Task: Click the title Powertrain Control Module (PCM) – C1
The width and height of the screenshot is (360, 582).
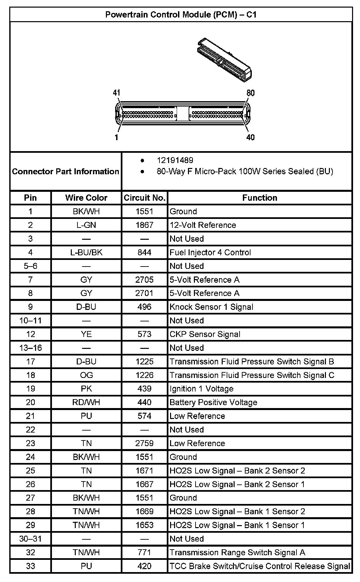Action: pos(181,15)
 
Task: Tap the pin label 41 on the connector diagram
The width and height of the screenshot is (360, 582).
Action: pos(116,93)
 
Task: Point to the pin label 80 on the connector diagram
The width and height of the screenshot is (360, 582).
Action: pos(250,93)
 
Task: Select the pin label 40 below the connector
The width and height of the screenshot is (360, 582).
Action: pos(250,137)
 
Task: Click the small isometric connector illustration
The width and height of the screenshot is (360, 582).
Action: pos(225,60)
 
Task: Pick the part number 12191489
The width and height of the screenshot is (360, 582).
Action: pos(175,160)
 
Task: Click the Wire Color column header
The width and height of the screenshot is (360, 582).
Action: pos(86,198)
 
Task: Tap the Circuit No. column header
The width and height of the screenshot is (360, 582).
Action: pos(144,198)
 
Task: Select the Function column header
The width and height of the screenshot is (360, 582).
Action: pos(259,198)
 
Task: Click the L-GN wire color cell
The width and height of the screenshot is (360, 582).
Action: pos(86,225)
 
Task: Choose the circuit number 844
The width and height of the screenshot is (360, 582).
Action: pos(144,252)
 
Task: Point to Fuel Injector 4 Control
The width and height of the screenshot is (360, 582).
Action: pos(210,252)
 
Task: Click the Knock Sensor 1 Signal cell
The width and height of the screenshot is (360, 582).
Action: pos(211,307)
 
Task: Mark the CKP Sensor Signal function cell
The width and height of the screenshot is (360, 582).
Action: pos(205,334)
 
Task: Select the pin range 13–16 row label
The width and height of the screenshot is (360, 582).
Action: pos(30,348)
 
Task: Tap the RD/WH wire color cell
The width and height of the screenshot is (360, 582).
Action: pos(86,402)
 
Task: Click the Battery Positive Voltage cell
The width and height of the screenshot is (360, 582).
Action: pos(213,402)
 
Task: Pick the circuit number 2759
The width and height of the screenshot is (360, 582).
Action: pos(144,443)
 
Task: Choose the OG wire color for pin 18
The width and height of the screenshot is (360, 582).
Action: pos(86,375)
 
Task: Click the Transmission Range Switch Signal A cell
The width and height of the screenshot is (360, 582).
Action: pos(237,552)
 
